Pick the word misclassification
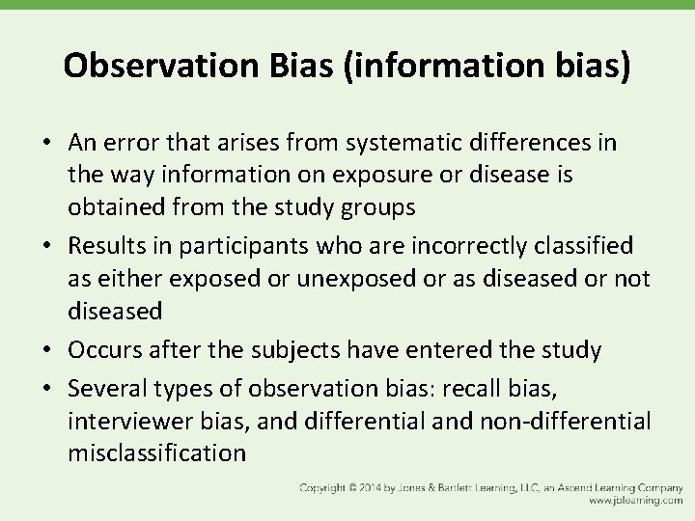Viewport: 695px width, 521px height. (x=157, y=453)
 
